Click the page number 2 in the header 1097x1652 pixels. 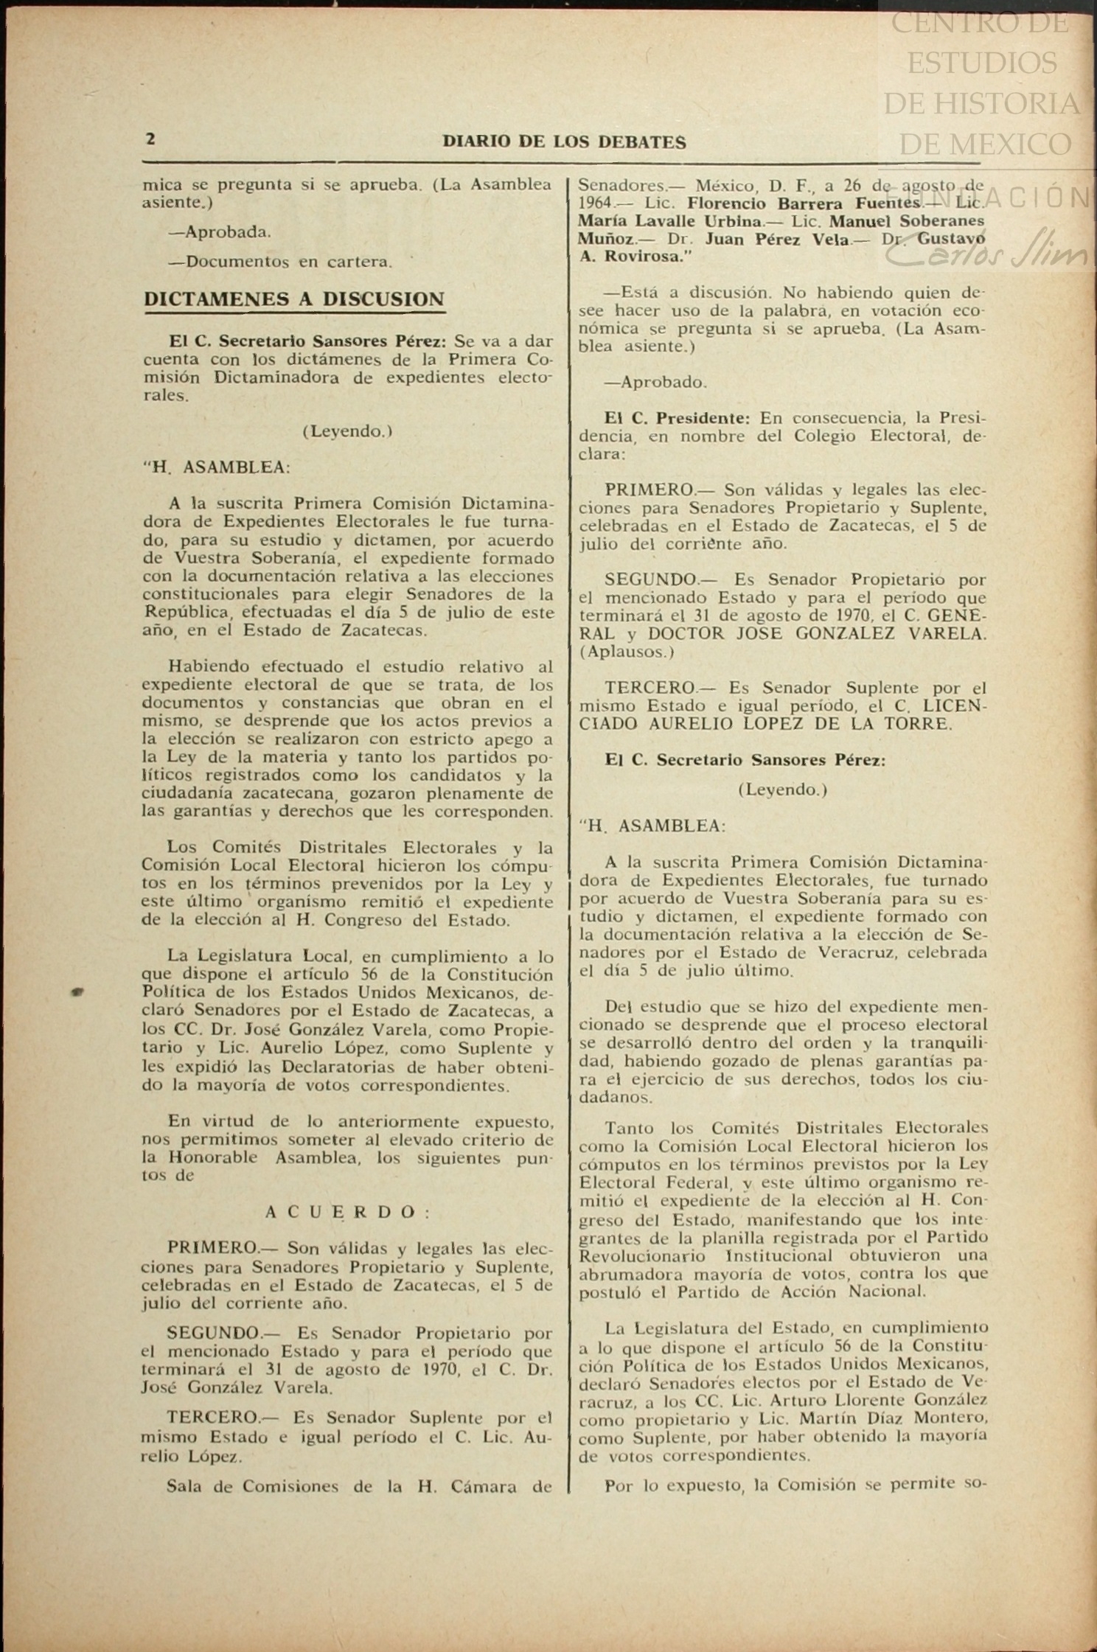click(x=150, y=139)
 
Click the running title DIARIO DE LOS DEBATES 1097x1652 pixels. click(x=564, y=142)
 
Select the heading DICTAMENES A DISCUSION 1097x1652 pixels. click(x=294, y=299)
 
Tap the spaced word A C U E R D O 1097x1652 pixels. click(x=347, y=1213)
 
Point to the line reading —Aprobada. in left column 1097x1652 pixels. click(x=220, y=232)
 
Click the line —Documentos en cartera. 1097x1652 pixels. click(x=280, y=262)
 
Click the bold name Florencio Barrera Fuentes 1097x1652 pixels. click(x=804, y=203)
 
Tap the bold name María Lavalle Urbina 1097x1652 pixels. click(x=670, y=220)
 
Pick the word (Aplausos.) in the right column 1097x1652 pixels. click(x=627, y=652)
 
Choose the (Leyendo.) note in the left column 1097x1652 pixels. click(x=347, y=431)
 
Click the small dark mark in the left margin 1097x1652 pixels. click(x=77, y=992)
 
